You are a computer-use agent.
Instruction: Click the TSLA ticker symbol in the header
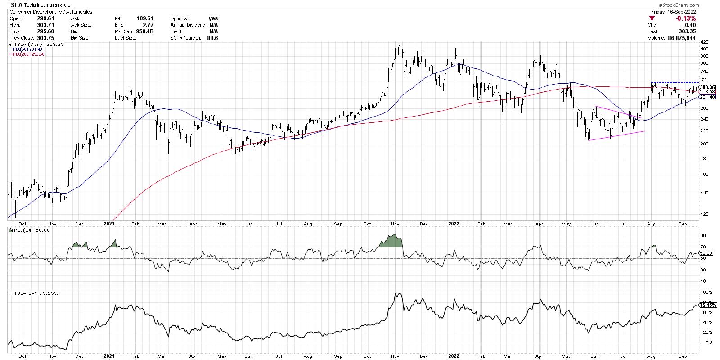[x=15, y=5]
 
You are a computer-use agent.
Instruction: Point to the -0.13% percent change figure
[x=686, y=18]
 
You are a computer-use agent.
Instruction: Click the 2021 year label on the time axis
[x=109, y=223]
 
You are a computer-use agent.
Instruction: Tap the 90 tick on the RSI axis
[x=702, y=235]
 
